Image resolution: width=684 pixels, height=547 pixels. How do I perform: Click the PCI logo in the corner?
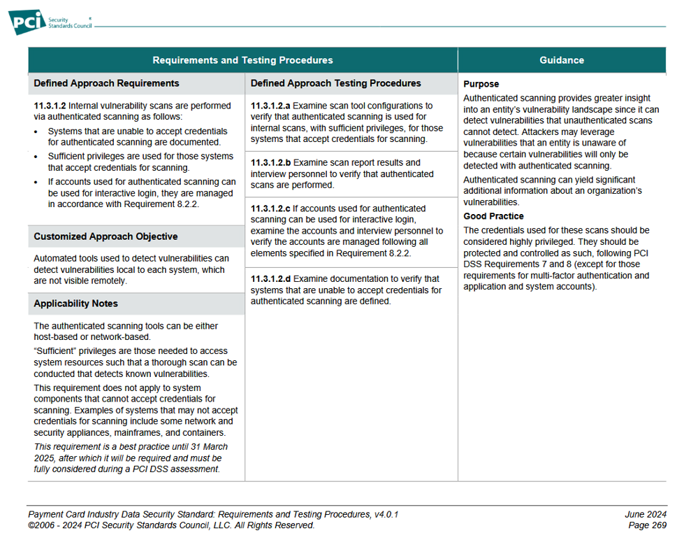click(27, 21)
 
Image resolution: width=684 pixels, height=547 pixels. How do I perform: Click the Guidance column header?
click(562, 60)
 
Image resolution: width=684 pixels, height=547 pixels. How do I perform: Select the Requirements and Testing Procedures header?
click(242, 60)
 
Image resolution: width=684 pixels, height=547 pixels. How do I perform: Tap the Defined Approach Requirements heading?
click(106, 83)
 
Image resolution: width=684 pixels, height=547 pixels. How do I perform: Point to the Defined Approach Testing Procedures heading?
click(335, 83)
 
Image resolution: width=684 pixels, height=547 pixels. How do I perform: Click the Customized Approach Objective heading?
click(105, 236)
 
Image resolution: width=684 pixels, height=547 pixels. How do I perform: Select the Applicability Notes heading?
click(75, 304)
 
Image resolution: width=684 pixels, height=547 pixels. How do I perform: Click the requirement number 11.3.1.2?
click(50, 106)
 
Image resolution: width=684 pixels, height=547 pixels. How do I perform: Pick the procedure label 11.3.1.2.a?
click(270, 106)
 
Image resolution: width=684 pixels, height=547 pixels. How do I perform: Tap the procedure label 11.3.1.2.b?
click(270, 163)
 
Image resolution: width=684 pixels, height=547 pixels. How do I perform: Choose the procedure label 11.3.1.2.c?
click(270, 208)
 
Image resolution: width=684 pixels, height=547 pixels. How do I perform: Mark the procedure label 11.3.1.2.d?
click(270, 279)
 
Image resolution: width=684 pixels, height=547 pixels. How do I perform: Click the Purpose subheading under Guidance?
click(481, 84)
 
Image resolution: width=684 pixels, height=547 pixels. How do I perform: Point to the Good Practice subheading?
click(493, 216)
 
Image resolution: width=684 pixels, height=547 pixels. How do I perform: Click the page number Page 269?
click(647, 525)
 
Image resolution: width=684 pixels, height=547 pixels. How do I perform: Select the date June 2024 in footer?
click(646, 514)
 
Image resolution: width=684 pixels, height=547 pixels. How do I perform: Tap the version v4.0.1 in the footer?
click(385, 514)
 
